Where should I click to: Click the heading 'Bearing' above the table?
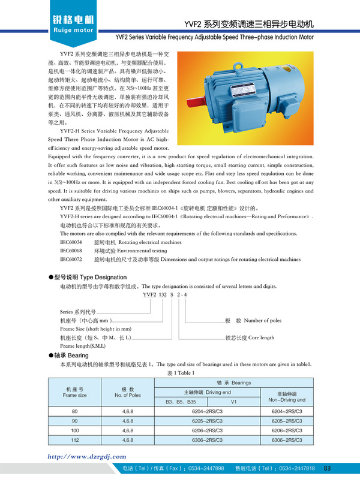[78, 356]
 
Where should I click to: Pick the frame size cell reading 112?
[75, 441]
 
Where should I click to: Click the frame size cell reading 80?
[75, 412]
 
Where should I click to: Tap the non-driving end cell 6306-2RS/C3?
[286, 441]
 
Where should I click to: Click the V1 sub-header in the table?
[234, 401]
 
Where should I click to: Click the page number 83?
[327, 468]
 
